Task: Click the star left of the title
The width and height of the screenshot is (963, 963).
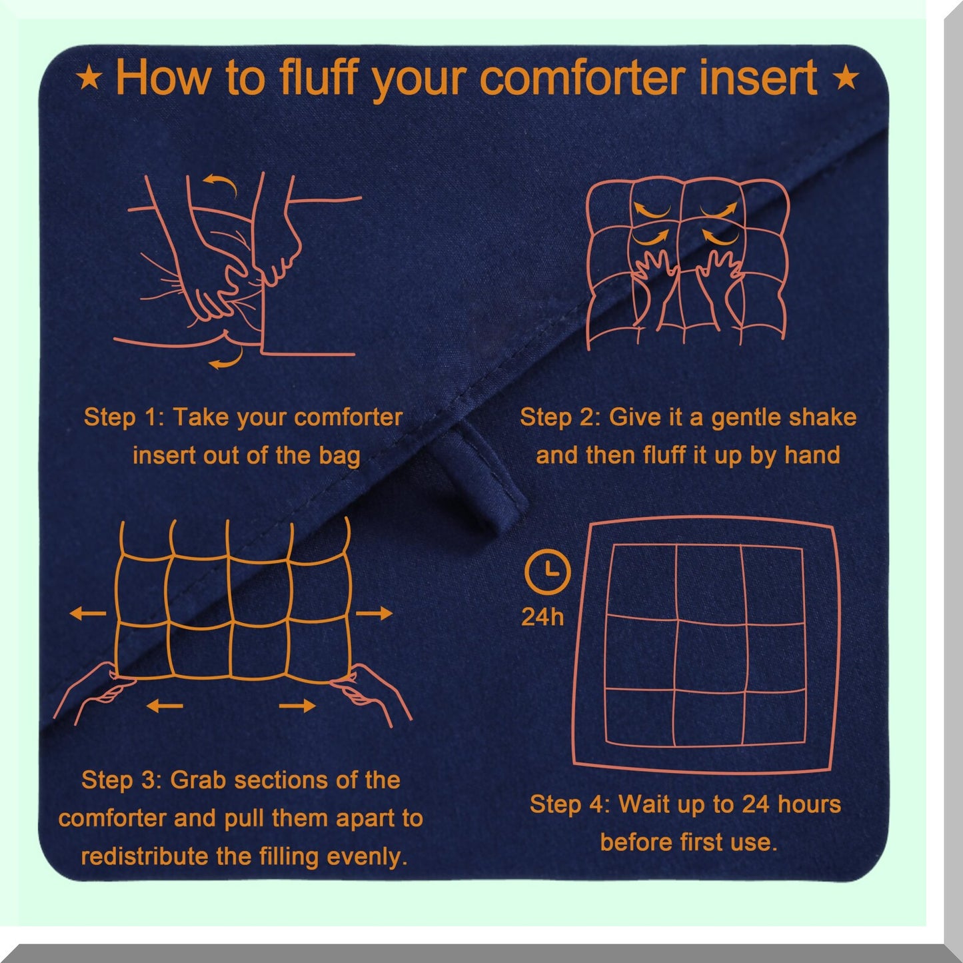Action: coord(89,79)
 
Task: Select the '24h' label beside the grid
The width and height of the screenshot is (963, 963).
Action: coord(542,617)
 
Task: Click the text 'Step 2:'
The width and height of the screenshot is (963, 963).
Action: coord(560,417)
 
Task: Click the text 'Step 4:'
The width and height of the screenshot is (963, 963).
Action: coord(569,804)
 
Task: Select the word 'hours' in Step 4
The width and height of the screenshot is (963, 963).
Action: coord(809,804)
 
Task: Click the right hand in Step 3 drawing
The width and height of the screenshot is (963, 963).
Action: coord(377,693)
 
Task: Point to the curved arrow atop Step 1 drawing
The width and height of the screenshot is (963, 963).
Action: coord(220,181)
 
